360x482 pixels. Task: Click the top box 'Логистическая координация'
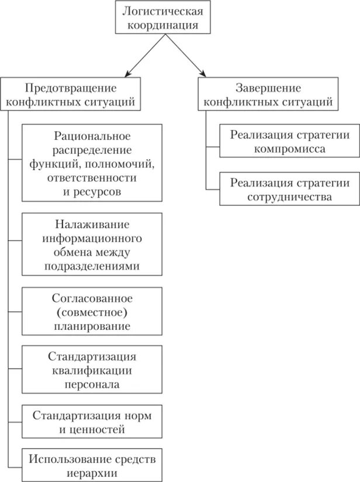164,18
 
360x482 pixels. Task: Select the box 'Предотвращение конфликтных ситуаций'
71,94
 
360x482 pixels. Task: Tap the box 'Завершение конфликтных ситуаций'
268,94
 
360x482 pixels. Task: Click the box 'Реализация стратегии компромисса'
290,141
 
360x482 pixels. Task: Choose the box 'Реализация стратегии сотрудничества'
290,189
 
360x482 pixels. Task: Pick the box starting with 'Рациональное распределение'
92,163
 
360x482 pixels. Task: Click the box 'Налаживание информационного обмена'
92,245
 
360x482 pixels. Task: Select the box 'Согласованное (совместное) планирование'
92,312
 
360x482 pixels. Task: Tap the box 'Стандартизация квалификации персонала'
92,370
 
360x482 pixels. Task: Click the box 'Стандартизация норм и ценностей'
92,422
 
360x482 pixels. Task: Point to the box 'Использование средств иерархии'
92,465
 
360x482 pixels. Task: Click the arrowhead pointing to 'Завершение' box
202,73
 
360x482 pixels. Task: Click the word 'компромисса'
290,149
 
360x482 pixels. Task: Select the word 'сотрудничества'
290,197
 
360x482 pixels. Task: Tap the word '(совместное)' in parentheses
92,312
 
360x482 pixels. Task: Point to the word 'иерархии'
92,473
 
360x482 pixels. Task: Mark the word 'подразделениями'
92,267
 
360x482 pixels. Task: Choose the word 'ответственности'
92,177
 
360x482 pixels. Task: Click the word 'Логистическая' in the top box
164,11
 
